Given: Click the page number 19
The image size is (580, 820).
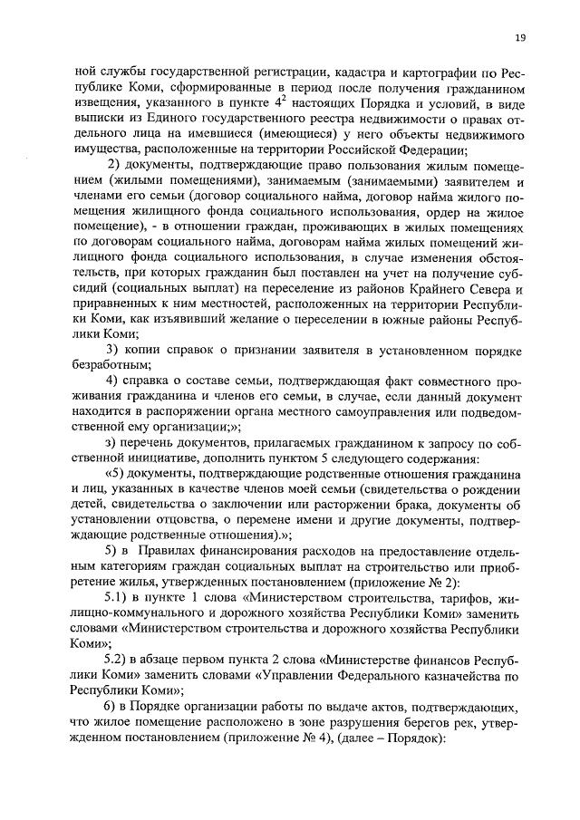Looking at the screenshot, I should [x=520, y=37].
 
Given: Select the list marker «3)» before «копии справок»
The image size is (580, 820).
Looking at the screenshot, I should [x=114, y=350].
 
